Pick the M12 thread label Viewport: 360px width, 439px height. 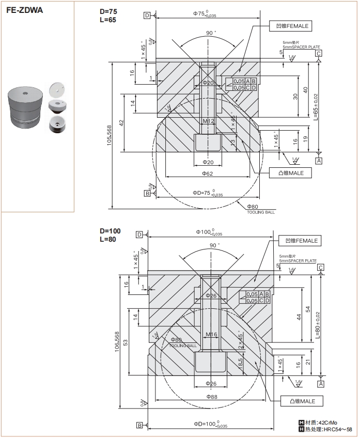click(208, 121)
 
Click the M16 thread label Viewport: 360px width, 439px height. click(211, 334)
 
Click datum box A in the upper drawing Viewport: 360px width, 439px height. click(319, 161)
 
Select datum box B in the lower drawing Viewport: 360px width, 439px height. click(139, 425)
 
